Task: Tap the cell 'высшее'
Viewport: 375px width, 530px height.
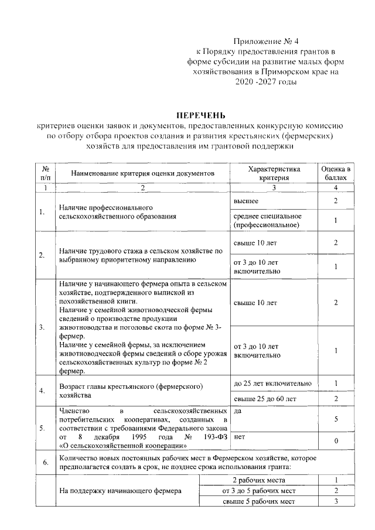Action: pos(246,201)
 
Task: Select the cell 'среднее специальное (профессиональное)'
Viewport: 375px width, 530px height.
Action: pos(267,220)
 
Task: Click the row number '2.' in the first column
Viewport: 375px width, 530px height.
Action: pos(42,255)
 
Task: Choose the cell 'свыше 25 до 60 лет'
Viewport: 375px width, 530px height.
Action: pos(265,399)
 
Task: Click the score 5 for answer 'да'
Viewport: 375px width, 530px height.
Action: pos(336,420)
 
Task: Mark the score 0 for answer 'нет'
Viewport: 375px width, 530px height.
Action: pos(336,440)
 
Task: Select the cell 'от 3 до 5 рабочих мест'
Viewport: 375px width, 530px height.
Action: pos(258,490)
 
